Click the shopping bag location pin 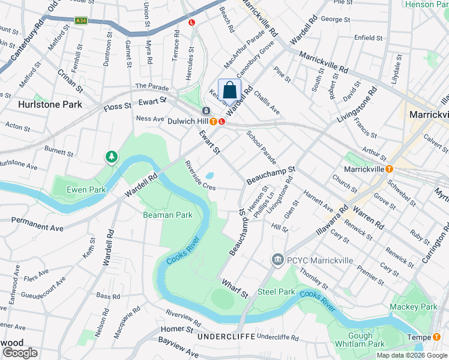coord(229,91)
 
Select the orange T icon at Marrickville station coord(388,170)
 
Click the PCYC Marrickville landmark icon coord(277,259)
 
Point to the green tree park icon coord(111,157)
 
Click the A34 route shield coord(80,20)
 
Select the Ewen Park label coord(86,190)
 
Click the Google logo coord(19,352)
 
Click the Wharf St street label coord(234,288)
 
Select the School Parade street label coord(261,147)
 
